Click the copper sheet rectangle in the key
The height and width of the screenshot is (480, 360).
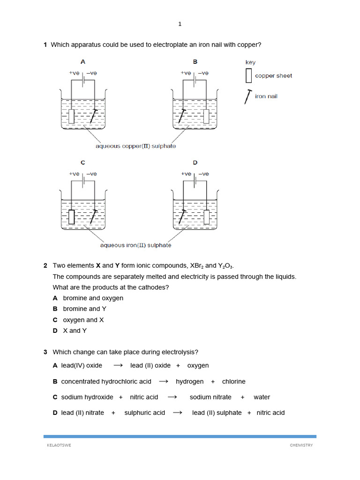[248, 75]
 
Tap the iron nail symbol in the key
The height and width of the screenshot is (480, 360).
[247, 97]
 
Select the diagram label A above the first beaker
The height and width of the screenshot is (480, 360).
[83, 61]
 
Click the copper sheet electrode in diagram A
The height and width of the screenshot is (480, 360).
[71, 116]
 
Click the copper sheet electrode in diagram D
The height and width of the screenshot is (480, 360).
[206, 217]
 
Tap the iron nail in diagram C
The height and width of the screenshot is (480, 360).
[94, 217]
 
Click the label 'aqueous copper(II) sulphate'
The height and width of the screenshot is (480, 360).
[136, 146]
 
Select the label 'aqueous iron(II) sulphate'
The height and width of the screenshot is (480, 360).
[136, 245]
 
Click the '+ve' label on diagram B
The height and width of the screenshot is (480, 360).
[186, 73]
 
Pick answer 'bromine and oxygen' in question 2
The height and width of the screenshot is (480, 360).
[93, 298]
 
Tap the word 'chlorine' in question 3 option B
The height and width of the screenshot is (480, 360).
[233, 382]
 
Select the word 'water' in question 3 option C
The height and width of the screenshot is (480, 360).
[262, 397]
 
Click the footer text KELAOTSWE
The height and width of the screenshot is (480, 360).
[57, 445]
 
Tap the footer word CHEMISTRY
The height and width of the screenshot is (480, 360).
[301, 445]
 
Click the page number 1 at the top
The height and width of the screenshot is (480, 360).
[180, 24]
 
